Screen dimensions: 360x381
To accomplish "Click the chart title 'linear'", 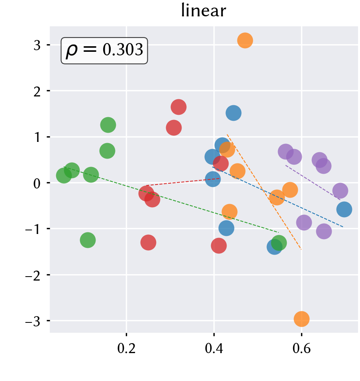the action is [x=203, y=11].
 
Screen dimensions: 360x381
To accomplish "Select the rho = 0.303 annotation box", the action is [x=104, y=51].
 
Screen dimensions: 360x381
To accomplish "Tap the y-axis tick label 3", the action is [x=37, y=45].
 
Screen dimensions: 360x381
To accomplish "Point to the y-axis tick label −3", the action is [x=33, y=322].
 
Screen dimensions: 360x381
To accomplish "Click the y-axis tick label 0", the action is [x=37, y=183].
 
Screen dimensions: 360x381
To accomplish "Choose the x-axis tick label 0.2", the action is [x=127, y=348].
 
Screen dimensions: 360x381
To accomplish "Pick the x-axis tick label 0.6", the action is [x=301, y=348].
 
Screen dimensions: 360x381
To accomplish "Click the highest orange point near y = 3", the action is [x=245, y=40].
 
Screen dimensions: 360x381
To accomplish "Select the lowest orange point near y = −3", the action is [x=301, y=319].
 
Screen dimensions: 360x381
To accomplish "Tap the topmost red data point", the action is [x=178, y=107].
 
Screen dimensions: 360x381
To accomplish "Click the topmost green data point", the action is [x=108, y=125].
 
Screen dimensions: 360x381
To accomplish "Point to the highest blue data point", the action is [x=233, y=113].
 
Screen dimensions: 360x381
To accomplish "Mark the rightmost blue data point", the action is [x=344, y=209].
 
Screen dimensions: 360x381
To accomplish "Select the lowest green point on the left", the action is [x=88, y=240].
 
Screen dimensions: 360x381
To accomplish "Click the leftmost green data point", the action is [x=64, y=175].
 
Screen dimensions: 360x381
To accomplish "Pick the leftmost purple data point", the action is [x=286, y=151].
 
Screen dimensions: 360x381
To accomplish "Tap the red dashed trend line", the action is [x=183, y=182].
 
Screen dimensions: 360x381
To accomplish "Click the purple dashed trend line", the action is [x=313, y=183].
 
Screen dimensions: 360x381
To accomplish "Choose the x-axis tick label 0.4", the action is [x=214, y=348].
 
